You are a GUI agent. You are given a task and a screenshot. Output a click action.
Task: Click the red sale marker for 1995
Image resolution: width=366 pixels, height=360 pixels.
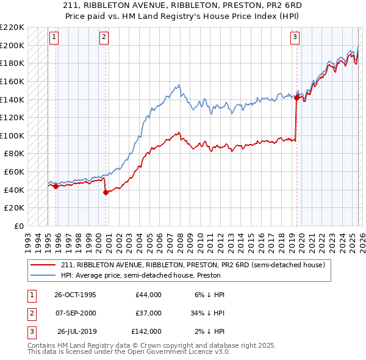pyautogui.click(x=56, y=187)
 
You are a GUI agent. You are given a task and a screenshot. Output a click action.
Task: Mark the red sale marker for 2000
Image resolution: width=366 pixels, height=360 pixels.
pyautogui.click(x=106, y=193)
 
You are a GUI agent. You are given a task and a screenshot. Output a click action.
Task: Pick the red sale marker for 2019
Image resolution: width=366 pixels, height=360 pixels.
pyautogui.click(x=296, y=97)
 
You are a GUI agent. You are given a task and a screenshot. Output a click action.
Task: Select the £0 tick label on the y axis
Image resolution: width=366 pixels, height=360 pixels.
pyautogui.click(x=19, y=226)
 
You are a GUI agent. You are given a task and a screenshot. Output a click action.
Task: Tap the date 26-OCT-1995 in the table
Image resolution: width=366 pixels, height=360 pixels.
pyautogui.click(x=75, y=295)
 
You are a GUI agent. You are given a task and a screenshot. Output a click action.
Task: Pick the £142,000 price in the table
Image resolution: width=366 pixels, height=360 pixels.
pyautogui.click(x=146, y=331)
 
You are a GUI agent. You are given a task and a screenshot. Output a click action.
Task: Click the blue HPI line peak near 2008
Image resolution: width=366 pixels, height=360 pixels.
pyautogui.click(x=179, y=85)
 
